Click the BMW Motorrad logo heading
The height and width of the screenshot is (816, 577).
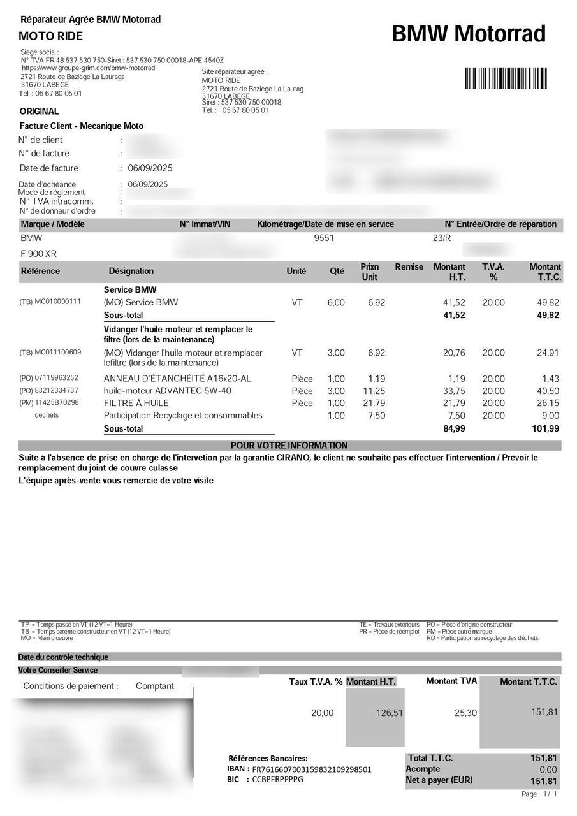click(x=469, y=34)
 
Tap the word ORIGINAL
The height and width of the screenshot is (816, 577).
click(x=40, y=112)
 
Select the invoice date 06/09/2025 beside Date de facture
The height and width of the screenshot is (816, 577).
click(x=150, y=168)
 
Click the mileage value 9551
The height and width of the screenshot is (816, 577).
click(x=324, y=238)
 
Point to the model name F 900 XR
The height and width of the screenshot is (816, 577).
click(x=39, y=254)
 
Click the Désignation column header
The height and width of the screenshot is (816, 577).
click(x=131, y=271)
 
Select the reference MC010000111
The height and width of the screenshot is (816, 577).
click(x=57, y=302)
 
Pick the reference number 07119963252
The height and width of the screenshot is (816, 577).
click(x=57, y=378)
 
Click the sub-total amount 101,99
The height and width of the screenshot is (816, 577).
click(x=546, y=429)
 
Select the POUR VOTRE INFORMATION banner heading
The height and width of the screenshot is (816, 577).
click(x=289, y=445)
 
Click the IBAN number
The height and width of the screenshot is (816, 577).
click(x=312, y=769)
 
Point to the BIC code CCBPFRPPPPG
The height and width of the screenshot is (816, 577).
click(x=277, y=779)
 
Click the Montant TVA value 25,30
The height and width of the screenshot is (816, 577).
click(x=465, y=713)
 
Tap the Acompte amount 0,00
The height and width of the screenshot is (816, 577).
click(x=548, y=769)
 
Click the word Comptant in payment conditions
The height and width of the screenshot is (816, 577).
click(x=154, y=686)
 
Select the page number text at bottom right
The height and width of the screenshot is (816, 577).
click(x=539, y=794)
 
